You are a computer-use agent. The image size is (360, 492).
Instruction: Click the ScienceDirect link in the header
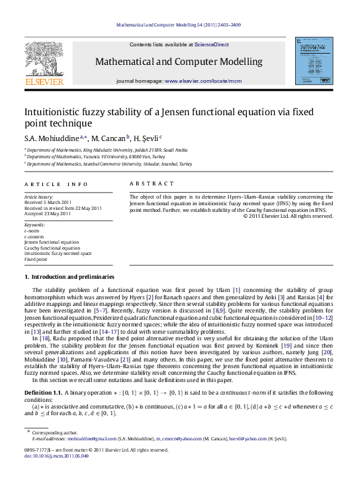212,44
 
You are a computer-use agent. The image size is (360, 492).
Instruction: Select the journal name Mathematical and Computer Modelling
179,62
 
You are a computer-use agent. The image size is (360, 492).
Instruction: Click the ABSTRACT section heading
152,183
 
